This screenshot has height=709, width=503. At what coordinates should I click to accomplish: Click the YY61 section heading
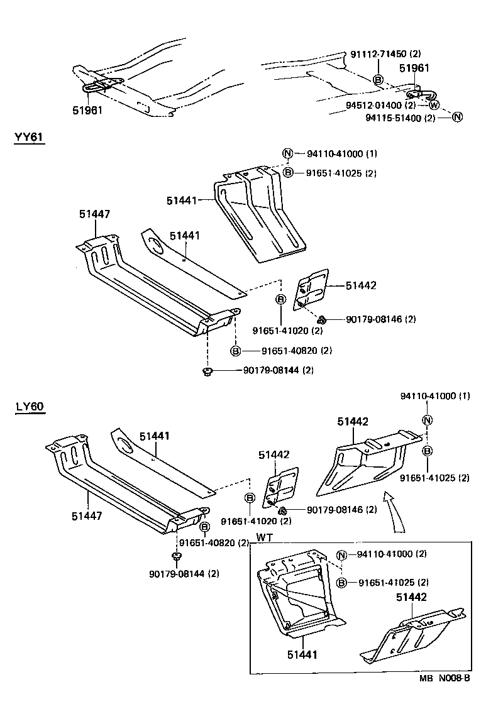pyautogui.click(x=29, y=137)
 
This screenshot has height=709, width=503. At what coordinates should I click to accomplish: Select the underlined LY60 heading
pyautogui.click(x=29, y=407)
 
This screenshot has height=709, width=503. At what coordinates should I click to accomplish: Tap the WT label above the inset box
pyautogui.click(x=265, y=538)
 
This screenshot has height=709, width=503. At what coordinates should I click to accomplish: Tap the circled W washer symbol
pyautogui.click(x=434, y=105)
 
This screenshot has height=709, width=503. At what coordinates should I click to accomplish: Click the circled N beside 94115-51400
pyautogui.click(x=458, y=117)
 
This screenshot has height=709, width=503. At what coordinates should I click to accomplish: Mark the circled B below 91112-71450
pyautogui.click(x=378, y=80)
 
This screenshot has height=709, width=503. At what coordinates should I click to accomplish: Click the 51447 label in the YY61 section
pyautogui.click(x=95, y=214)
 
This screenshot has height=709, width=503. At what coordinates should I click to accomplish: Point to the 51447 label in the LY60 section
pyautogui.click(x=87, y=516)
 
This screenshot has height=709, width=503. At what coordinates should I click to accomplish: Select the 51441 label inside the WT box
pyautogui.click(x=301, y=655)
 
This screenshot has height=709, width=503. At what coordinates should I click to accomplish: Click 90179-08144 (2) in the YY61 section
pyautogui.click(x=277, y=371)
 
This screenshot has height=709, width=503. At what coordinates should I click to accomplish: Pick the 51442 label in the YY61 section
pyautogui.click(x=361, y=285)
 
